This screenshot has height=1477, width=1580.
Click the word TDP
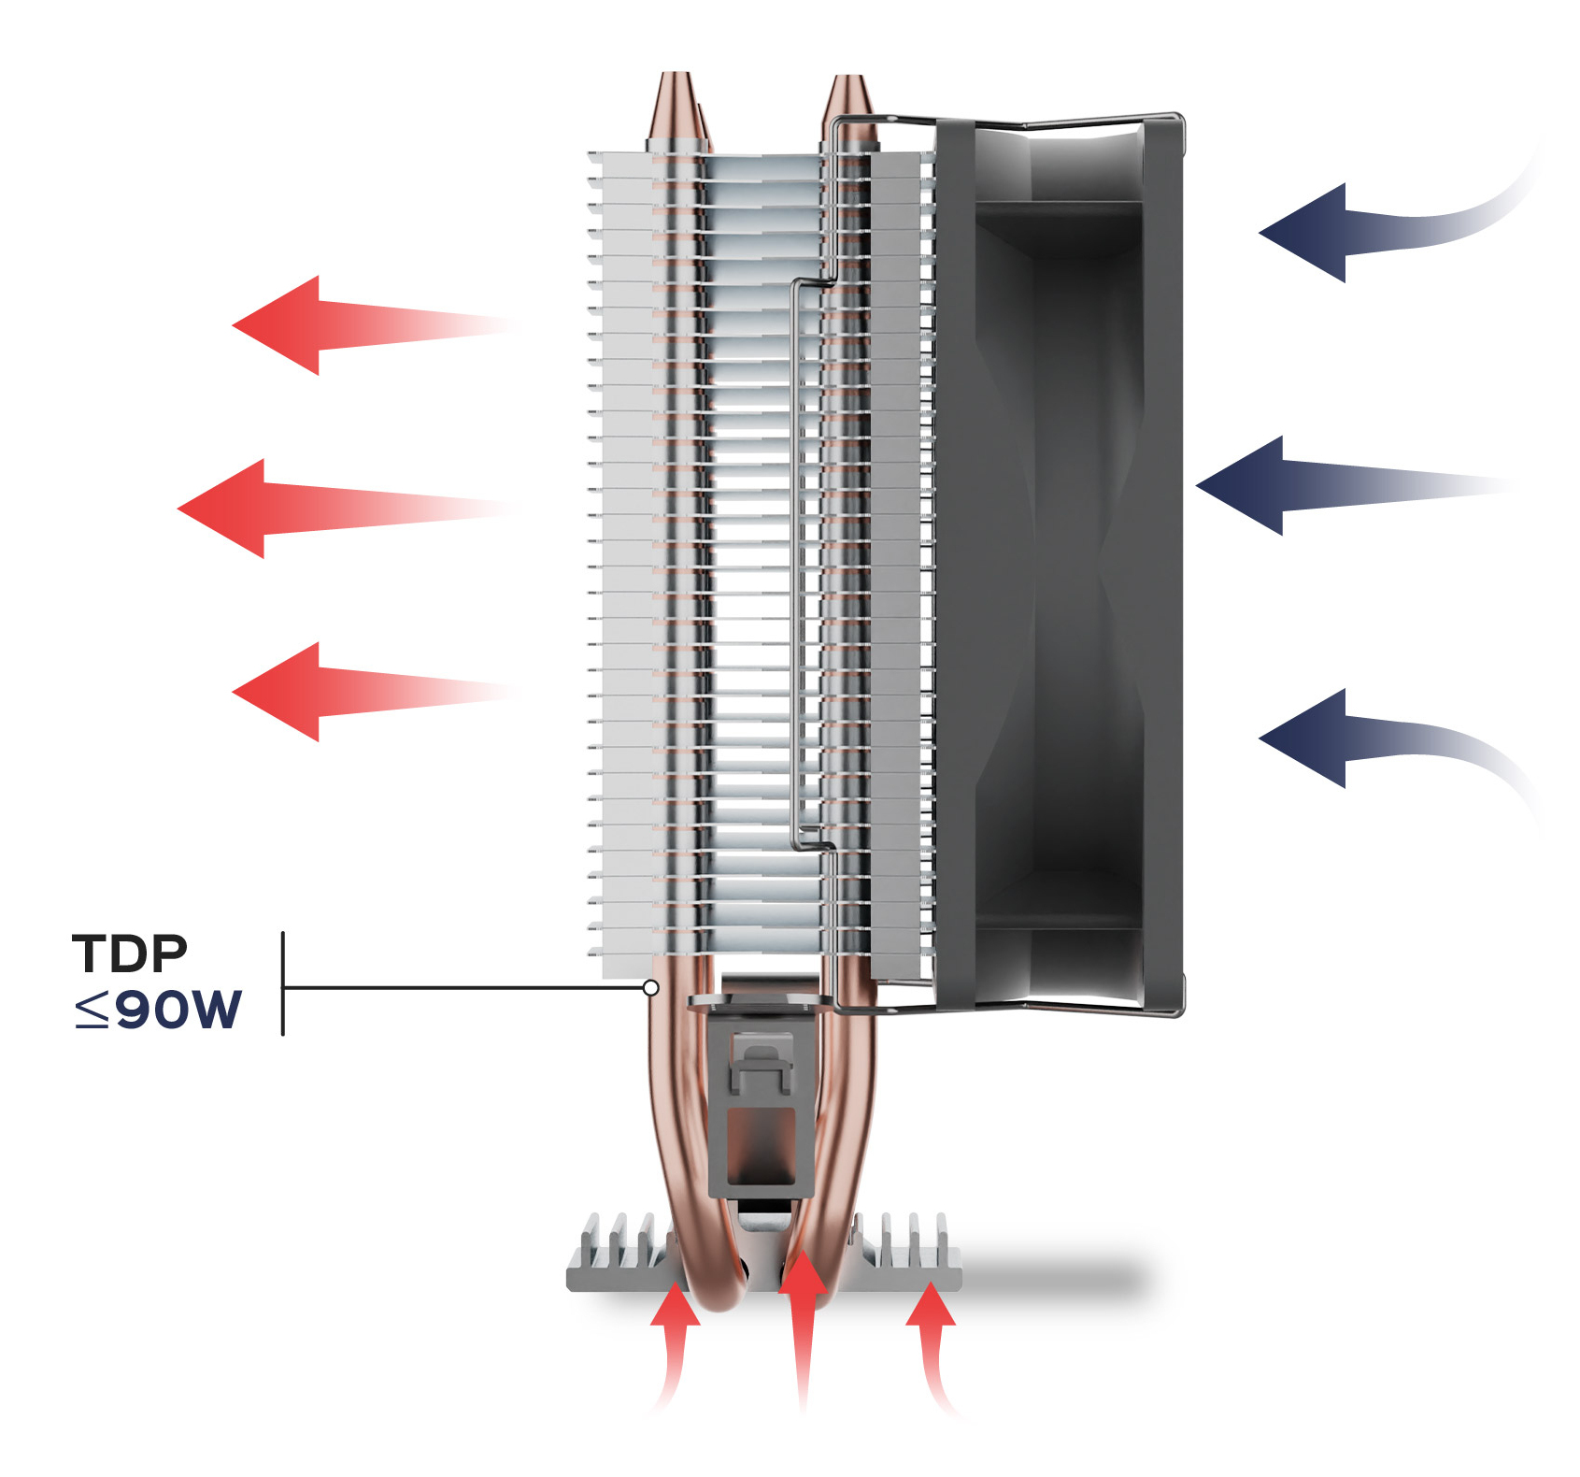[130, 954]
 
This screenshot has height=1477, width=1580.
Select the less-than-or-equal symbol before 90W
[93, 1011]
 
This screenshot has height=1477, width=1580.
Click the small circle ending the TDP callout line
[651, 988]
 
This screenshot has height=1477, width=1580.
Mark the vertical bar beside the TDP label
[283, 983]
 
